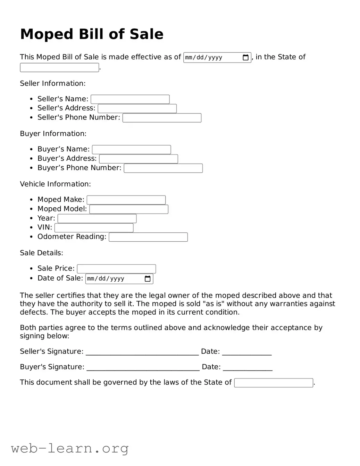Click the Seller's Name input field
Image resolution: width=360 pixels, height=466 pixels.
click(130, 99)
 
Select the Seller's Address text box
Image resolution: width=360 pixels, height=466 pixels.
click(137, 109)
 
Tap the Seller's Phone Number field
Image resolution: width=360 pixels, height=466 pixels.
click(162, 118)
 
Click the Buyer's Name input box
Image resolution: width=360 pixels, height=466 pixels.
click(131, 150)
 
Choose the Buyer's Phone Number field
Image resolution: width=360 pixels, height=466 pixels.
click(163, 168)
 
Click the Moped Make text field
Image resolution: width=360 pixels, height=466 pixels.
click(126, 200)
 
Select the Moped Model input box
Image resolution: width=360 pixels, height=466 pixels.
click(129, 209)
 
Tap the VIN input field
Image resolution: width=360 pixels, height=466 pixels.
click(94, 228)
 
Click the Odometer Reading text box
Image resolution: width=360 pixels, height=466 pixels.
click(148, 237)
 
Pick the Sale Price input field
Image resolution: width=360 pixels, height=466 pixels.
click(116, 269)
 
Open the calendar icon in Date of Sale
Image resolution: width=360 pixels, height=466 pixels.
click(148, 279)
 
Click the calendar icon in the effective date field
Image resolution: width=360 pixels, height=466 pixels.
click(245, 58)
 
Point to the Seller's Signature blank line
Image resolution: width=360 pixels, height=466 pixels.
click(142, 352)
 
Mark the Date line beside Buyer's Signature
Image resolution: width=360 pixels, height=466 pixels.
click(248, 367)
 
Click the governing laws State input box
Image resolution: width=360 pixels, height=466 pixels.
click(274, 383)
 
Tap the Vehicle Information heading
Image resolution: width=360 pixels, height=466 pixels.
click(55, 184)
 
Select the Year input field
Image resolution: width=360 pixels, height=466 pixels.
click(97, 219)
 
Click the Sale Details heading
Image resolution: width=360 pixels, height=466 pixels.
click(41, 253)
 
